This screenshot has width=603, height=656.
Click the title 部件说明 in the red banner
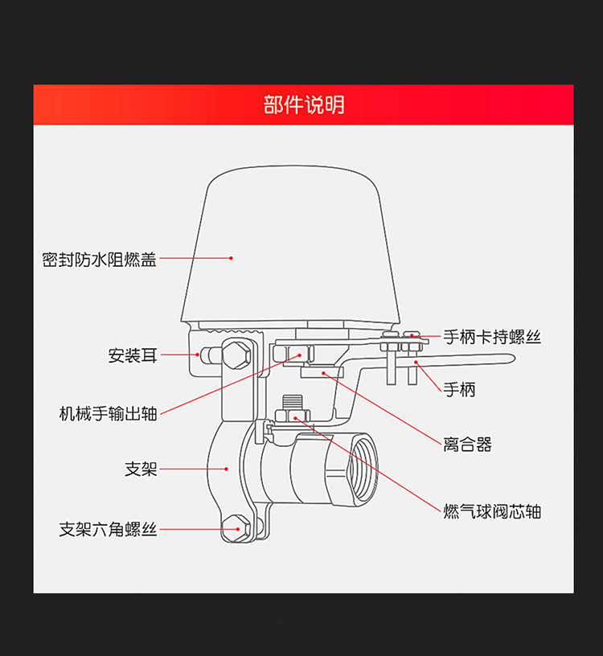pos(304,105)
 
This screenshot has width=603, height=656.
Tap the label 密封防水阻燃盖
pos(99,260)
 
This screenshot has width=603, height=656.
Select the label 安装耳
pos(133,355)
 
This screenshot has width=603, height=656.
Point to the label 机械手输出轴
pos(108,414)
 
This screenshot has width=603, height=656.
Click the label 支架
pos(141,469)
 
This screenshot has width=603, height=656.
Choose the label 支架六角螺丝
pos(108,529)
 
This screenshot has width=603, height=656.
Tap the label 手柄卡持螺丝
pos(492,337)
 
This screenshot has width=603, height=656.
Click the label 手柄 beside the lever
pos(459,390)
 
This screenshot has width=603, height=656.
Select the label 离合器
pos(467,445)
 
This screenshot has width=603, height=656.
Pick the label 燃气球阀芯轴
pos(492,511)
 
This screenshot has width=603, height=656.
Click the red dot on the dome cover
pos(231,258)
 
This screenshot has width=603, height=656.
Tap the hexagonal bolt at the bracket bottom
pos(236,528)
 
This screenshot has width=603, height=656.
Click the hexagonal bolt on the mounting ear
pos(236,355)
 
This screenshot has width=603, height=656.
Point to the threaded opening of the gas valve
pos(363,469)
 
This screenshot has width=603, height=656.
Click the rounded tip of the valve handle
pos(510,359)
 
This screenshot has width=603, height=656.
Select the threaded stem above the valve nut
pos(293,402)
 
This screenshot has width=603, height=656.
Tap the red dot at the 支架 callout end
pos(227,469)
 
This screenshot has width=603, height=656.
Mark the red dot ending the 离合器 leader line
pos(323,373)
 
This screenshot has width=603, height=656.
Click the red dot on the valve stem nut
pos(295,418)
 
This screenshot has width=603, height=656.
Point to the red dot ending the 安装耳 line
pos(198,355)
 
